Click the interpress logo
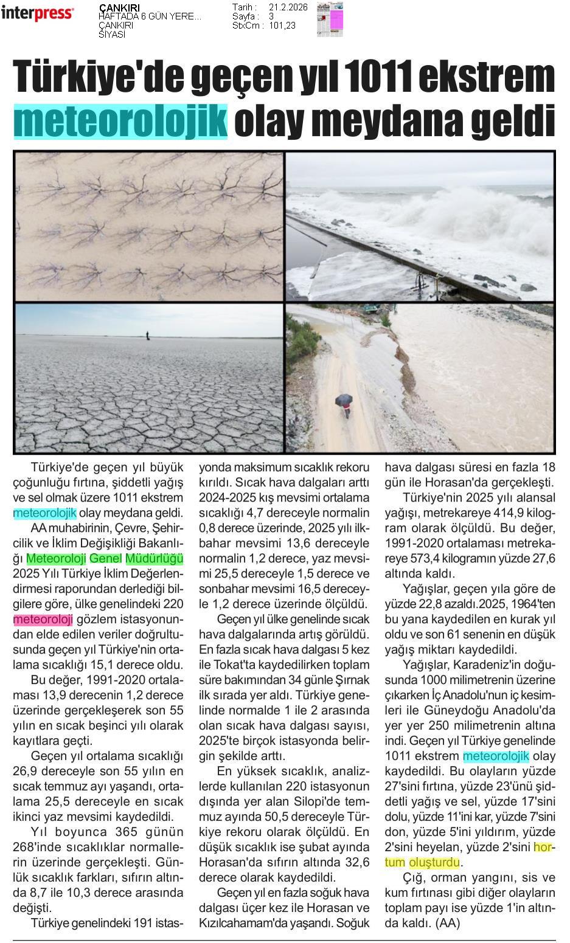tap(37, 13)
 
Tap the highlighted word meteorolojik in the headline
tap(120, 121)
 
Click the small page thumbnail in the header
tap(330, 19)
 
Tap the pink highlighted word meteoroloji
tap(43, 620)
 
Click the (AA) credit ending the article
tap(447, 923)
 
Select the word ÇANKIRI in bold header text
tap(119, 8)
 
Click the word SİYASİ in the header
tap(111, 35)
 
